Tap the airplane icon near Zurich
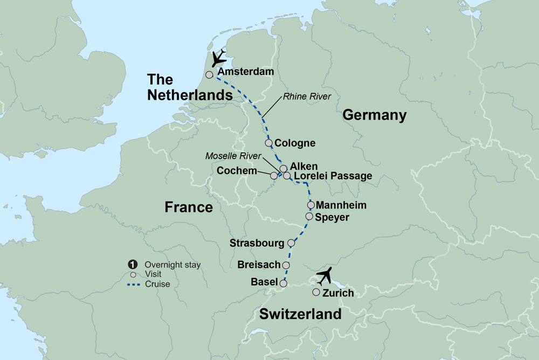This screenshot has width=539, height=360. click(325, 276)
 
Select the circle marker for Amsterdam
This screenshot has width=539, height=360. click(209, 75)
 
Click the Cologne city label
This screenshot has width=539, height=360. click(295, 143)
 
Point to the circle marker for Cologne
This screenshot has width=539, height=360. click(269, 143)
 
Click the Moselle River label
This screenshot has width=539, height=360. click(233, 156)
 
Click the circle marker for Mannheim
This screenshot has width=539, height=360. click(310, 205)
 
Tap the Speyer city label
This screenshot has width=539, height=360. click(333, 217)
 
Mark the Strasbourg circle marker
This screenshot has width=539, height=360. click(291, 243)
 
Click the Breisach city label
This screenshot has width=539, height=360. click(259, 265)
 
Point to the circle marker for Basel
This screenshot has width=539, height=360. click(283, 282)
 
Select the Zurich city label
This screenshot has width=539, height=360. click(338, 293)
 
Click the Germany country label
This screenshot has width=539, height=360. click(374, 115)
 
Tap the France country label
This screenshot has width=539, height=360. click(189, 207)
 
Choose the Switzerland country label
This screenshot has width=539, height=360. click(300, 314)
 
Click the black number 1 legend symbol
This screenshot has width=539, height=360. click(132, 265)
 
